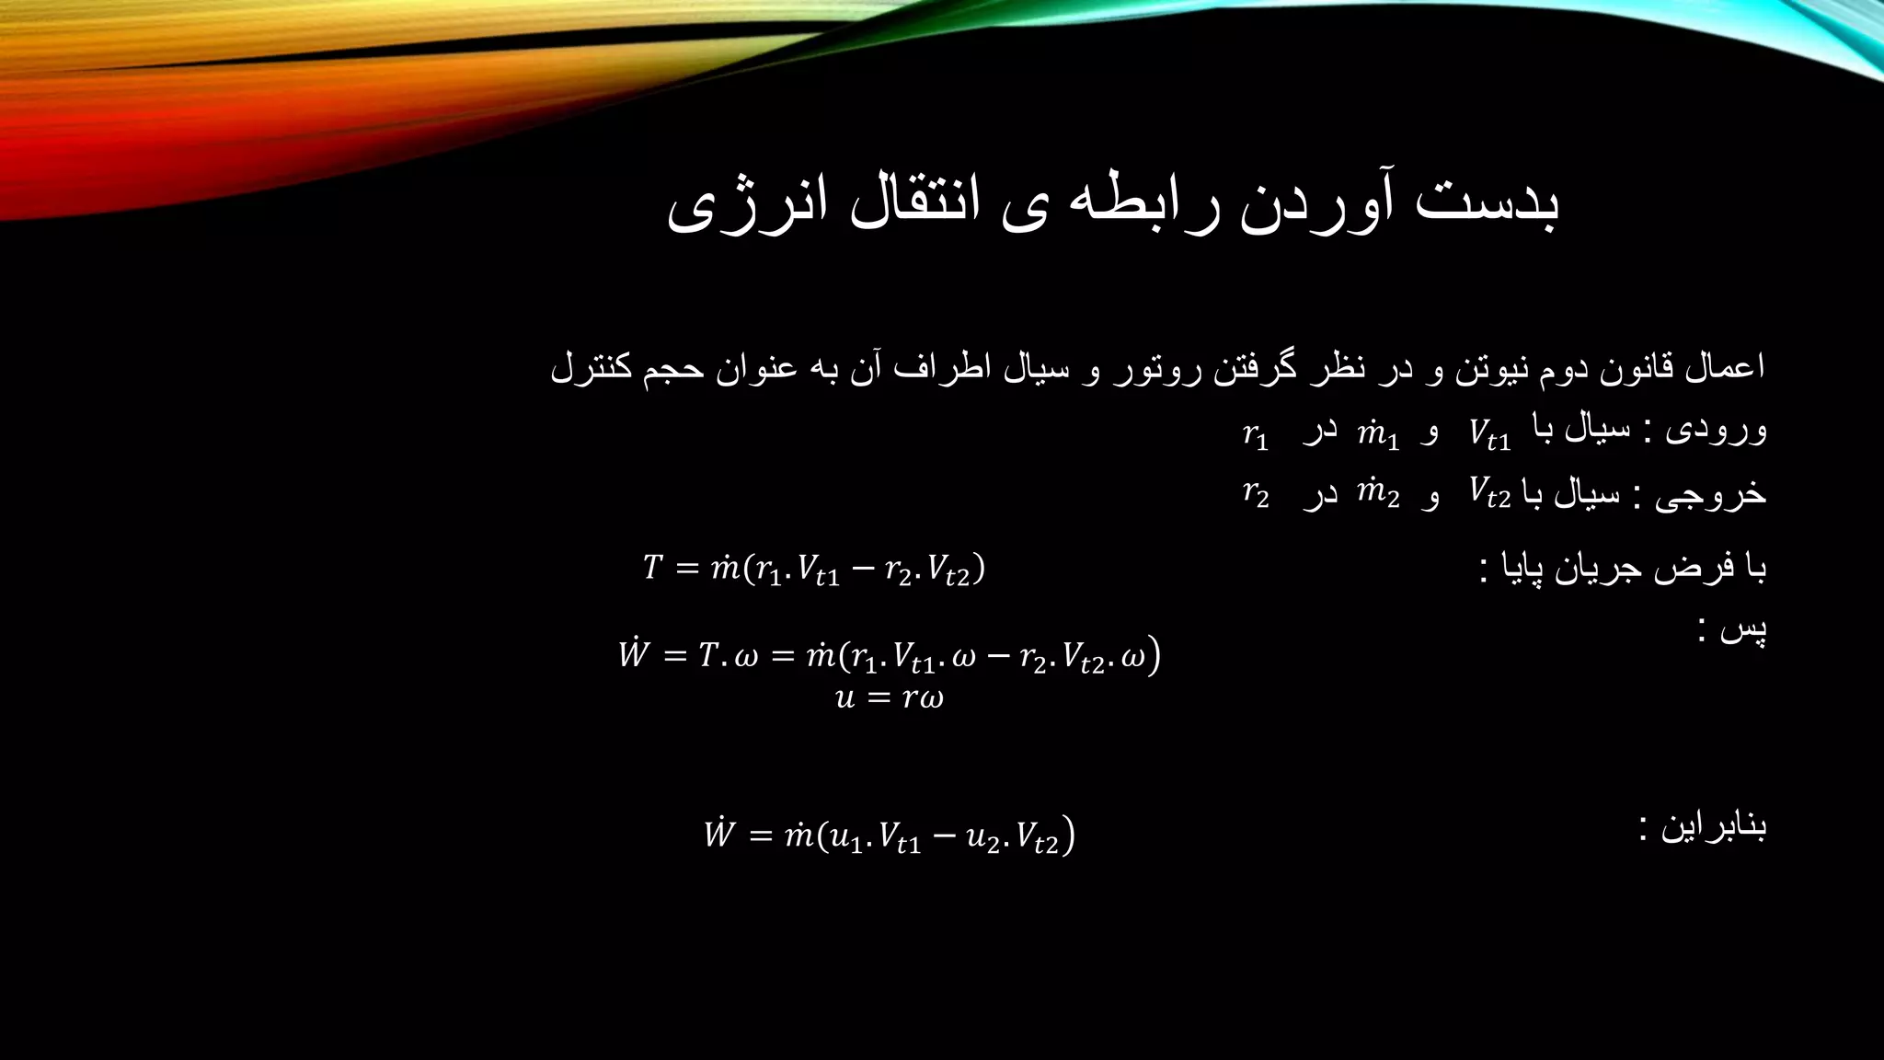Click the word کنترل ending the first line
pyautogui.click(x=590, y=369)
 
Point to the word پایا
pyautogui.click(x=1531, y=568)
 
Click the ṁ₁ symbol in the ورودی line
pyautogui.click(x=1378, y=433)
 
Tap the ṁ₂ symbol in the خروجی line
pyautogui.click(x=1378, y=494)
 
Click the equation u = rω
pyautogui.click(x=890, y=697)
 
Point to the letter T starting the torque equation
pyautogui.click(x=652, y=568)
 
